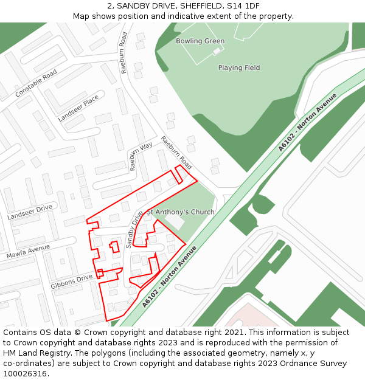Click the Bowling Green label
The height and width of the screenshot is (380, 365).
(200, 41)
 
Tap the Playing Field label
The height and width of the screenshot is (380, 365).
(239, 68)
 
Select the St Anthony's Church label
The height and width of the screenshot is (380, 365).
(181, 212)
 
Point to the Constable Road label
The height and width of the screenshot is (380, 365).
(36, 83)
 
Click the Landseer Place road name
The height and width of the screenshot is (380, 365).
(78, 108)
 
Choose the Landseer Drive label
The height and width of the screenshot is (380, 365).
(30, 212)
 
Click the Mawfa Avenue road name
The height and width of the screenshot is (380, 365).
(28, 251)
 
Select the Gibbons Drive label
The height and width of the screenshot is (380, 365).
(72, 280)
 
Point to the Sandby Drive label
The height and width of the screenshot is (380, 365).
(133, 229)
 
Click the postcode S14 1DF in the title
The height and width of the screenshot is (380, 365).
(244, 5)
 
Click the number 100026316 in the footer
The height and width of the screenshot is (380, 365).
(26, 373)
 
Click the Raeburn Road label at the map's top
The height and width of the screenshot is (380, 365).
(124, 53)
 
